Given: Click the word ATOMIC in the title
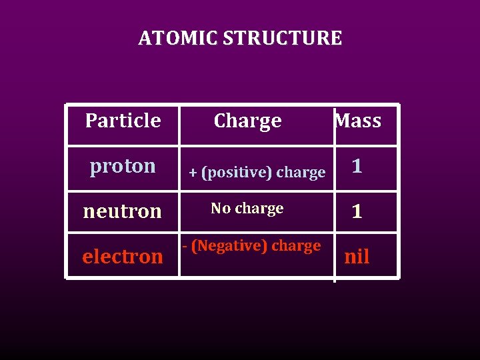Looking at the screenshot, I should click(178, 38).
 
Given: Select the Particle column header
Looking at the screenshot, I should click(123, 121).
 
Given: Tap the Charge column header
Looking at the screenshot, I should click(247, 121).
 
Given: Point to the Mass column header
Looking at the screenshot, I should click(358, 121).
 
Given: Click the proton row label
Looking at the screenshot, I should click(123, 165).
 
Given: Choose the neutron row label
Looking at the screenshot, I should click(123, 211).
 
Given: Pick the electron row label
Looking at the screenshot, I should click(123, 256).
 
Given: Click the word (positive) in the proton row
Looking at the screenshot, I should click(237, 173).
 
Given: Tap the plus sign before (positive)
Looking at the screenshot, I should click(193, 173).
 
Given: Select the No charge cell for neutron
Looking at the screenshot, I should click(247, 209).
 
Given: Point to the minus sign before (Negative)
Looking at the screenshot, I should click(185, 246).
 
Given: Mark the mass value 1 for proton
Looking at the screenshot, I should click(357, 166).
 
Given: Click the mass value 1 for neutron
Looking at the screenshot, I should click(357, 212).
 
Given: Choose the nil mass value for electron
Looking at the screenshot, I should click(357, 257).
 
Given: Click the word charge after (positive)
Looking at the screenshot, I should click(300, 173).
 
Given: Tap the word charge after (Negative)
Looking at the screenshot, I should click(295, 246).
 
